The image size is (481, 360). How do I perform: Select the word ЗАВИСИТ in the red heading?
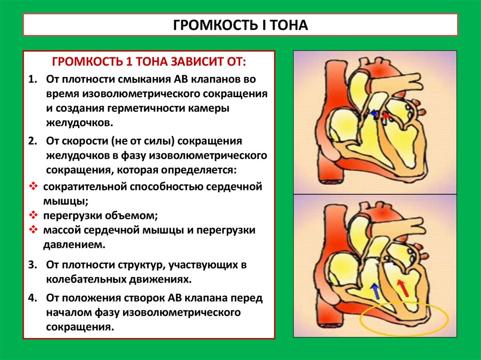click(177, 62)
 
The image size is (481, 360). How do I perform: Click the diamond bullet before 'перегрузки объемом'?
click(33, 215)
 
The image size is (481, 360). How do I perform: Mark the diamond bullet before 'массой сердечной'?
click(33, 230)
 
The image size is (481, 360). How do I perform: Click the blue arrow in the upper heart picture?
click(373, 113)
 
